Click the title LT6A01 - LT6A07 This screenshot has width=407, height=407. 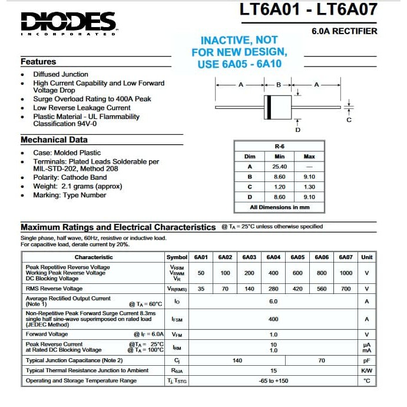coord(309,9)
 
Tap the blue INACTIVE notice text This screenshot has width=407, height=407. coord(239,52)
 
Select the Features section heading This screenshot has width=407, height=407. coord(38,61)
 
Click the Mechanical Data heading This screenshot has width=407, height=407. coord(54,140)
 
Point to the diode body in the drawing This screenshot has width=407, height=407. coord(279,107)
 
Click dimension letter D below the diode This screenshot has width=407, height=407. coord(297,130)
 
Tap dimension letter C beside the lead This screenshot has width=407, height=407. coord(349,120)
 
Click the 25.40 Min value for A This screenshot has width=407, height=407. coord(279,167)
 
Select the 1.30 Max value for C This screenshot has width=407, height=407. coord(309,187)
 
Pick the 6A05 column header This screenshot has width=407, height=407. coord(298,257)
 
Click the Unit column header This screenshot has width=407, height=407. coord(366,257)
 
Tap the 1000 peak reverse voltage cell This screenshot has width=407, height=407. coord(346,273)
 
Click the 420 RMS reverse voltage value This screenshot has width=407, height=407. coord(297,289)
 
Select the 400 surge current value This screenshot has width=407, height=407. coord(273,319)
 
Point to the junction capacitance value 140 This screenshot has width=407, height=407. coord(237,360)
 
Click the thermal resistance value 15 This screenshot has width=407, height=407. coord(273,370)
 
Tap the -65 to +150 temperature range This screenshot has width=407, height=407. coord(273,381)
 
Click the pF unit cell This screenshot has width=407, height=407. coord(366,360)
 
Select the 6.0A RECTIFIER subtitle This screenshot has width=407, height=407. coord(344,31)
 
